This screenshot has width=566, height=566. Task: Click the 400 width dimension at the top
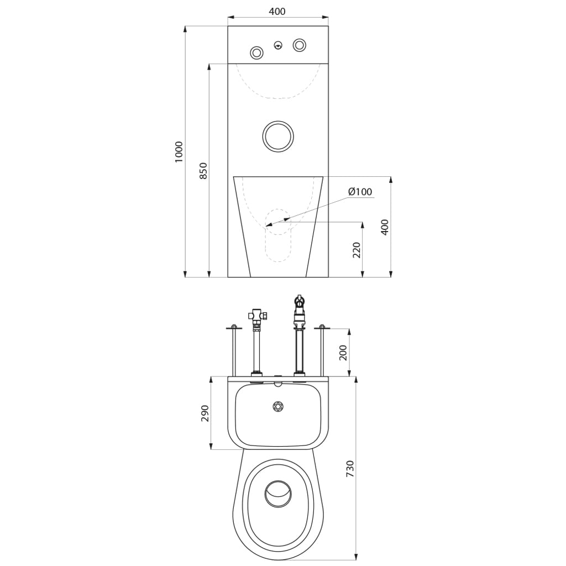pos(277,11)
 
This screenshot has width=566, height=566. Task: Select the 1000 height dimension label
pos(179,151)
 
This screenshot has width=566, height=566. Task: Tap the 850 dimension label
pos(203,171)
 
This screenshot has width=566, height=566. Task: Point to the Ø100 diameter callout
pos(360,191)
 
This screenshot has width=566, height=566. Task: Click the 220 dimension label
pos(357,250)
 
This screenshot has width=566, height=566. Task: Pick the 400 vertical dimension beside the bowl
pos(385,227)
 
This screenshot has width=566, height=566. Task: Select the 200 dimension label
pos(343,353)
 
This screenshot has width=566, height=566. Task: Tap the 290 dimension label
pos(205,413)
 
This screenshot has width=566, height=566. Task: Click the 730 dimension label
pos(350,469)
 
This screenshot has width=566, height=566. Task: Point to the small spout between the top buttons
pos(278,45)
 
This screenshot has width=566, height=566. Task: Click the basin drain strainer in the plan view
pos(278,406)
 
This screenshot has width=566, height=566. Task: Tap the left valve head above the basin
pos(258,316)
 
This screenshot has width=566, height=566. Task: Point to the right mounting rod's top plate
pos(322,327)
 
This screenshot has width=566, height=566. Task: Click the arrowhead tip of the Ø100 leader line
pos(265,226)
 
